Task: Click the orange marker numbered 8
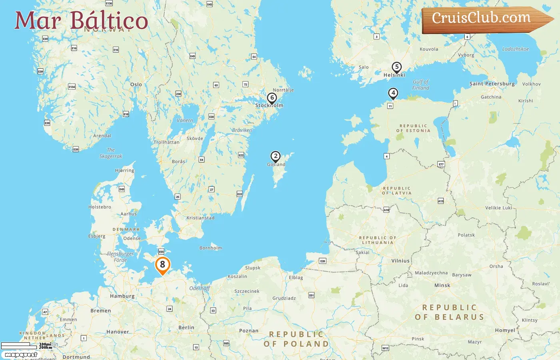(x=162, y=265)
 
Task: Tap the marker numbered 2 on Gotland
(x=275, y=156)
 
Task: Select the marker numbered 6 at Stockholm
(x=272, y=98)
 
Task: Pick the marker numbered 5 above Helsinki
(x=396, y=67)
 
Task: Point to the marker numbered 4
(x=393, y=93)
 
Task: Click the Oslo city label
(x=136, y=84)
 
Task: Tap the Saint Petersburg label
(x=492, y=84)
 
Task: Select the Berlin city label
(x=186, y=327)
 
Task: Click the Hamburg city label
(x=122, y=296)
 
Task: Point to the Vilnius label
(x=400, y=260)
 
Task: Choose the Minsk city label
(x=442, y=285)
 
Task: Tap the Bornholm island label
(x=210, y=248)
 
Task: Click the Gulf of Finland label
(x=420, y=85)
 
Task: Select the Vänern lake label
(x=185, y=120)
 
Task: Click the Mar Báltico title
(x=81, y=20)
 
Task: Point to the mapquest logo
(x=21, y=355)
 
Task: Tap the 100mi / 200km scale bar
(x=26, y=346)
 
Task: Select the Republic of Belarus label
(x=450, y=312)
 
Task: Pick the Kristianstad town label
(x=200, y=218)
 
